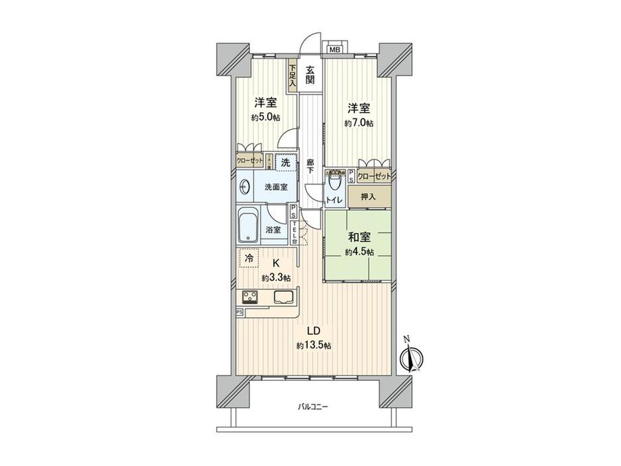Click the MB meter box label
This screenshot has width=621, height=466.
pos(333,49)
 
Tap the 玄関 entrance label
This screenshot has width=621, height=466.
pos(309,74)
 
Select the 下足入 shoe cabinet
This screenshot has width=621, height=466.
pos(292,74)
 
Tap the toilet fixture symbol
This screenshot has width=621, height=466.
pos(335,182)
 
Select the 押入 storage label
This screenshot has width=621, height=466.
pos(368,197)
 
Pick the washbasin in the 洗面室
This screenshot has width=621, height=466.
pos(244,187)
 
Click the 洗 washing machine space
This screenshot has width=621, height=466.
pos(286,162)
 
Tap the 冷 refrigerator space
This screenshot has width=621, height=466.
pos(249,259)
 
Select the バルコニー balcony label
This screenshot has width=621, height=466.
pos(313,407)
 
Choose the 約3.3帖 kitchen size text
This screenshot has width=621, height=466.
pos(276,278)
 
